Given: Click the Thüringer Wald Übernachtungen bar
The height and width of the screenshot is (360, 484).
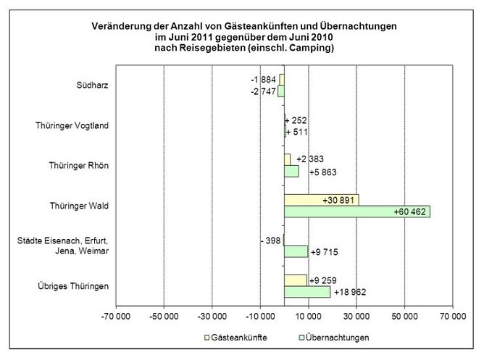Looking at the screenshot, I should click(356, 212).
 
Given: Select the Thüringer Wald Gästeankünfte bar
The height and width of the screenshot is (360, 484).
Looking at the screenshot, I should click(320, 200).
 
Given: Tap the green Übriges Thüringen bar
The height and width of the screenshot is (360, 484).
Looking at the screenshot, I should click(306, 292).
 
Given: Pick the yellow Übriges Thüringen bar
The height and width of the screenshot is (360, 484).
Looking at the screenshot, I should click(295, 280).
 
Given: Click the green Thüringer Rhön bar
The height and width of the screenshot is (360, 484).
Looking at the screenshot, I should click(291, 172).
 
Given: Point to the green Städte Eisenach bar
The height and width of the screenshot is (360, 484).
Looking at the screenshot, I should click(296, 251).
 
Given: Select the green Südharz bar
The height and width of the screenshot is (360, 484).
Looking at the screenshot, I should click(281, 91).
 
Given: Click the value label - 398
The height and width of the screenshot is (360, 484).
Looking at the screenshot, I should click(270, 239).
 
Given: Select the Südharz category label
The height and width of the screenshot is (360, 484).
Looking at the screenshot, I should click(93, 85).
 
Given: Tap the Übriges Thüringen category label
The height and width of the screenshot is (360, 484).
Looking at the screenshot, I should click(74, 286).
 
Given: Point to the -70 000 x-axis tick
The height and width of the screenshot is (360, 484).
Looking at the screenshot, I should click(116, 316).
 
